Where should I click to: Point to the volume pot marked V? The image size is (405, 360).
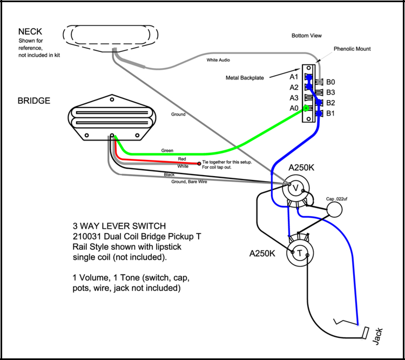(296, 188)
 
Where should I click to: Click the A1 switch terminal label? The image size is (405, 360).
(294, 77)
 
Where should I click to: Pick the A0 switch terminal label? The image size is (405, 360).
(294, 108)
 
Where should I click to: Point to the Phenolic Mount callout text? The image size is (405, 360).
(352, 49)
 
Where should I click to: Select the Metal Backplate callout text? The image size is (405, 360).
(245, 78)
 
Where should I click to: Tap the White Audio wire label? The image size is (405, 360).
(219, 60)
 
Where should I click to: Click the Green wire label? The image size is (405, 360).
(167, 150)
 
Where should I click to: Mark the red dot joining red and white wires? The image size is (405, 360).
(199, 163)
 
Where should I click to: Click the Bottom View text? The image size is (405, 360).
(306, 36)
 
